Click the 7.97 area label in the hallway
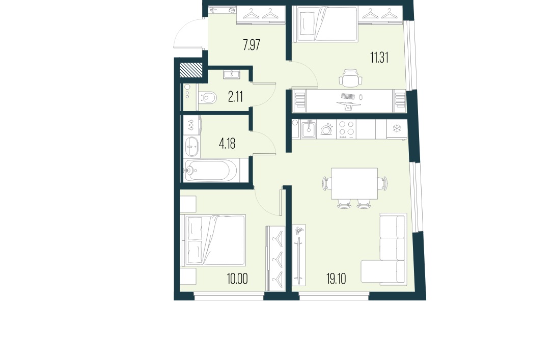[x=252, y=45]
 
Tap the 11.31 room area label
[x=379, y=58]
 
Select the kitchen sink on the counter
[x=308, y=130]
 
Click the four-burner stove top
[x=347, y=129]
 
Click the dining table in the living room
[x=354, y=183]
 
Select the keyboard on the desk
[x=348, y=96]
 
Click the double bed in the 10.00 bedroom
[x=214, y=240]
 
